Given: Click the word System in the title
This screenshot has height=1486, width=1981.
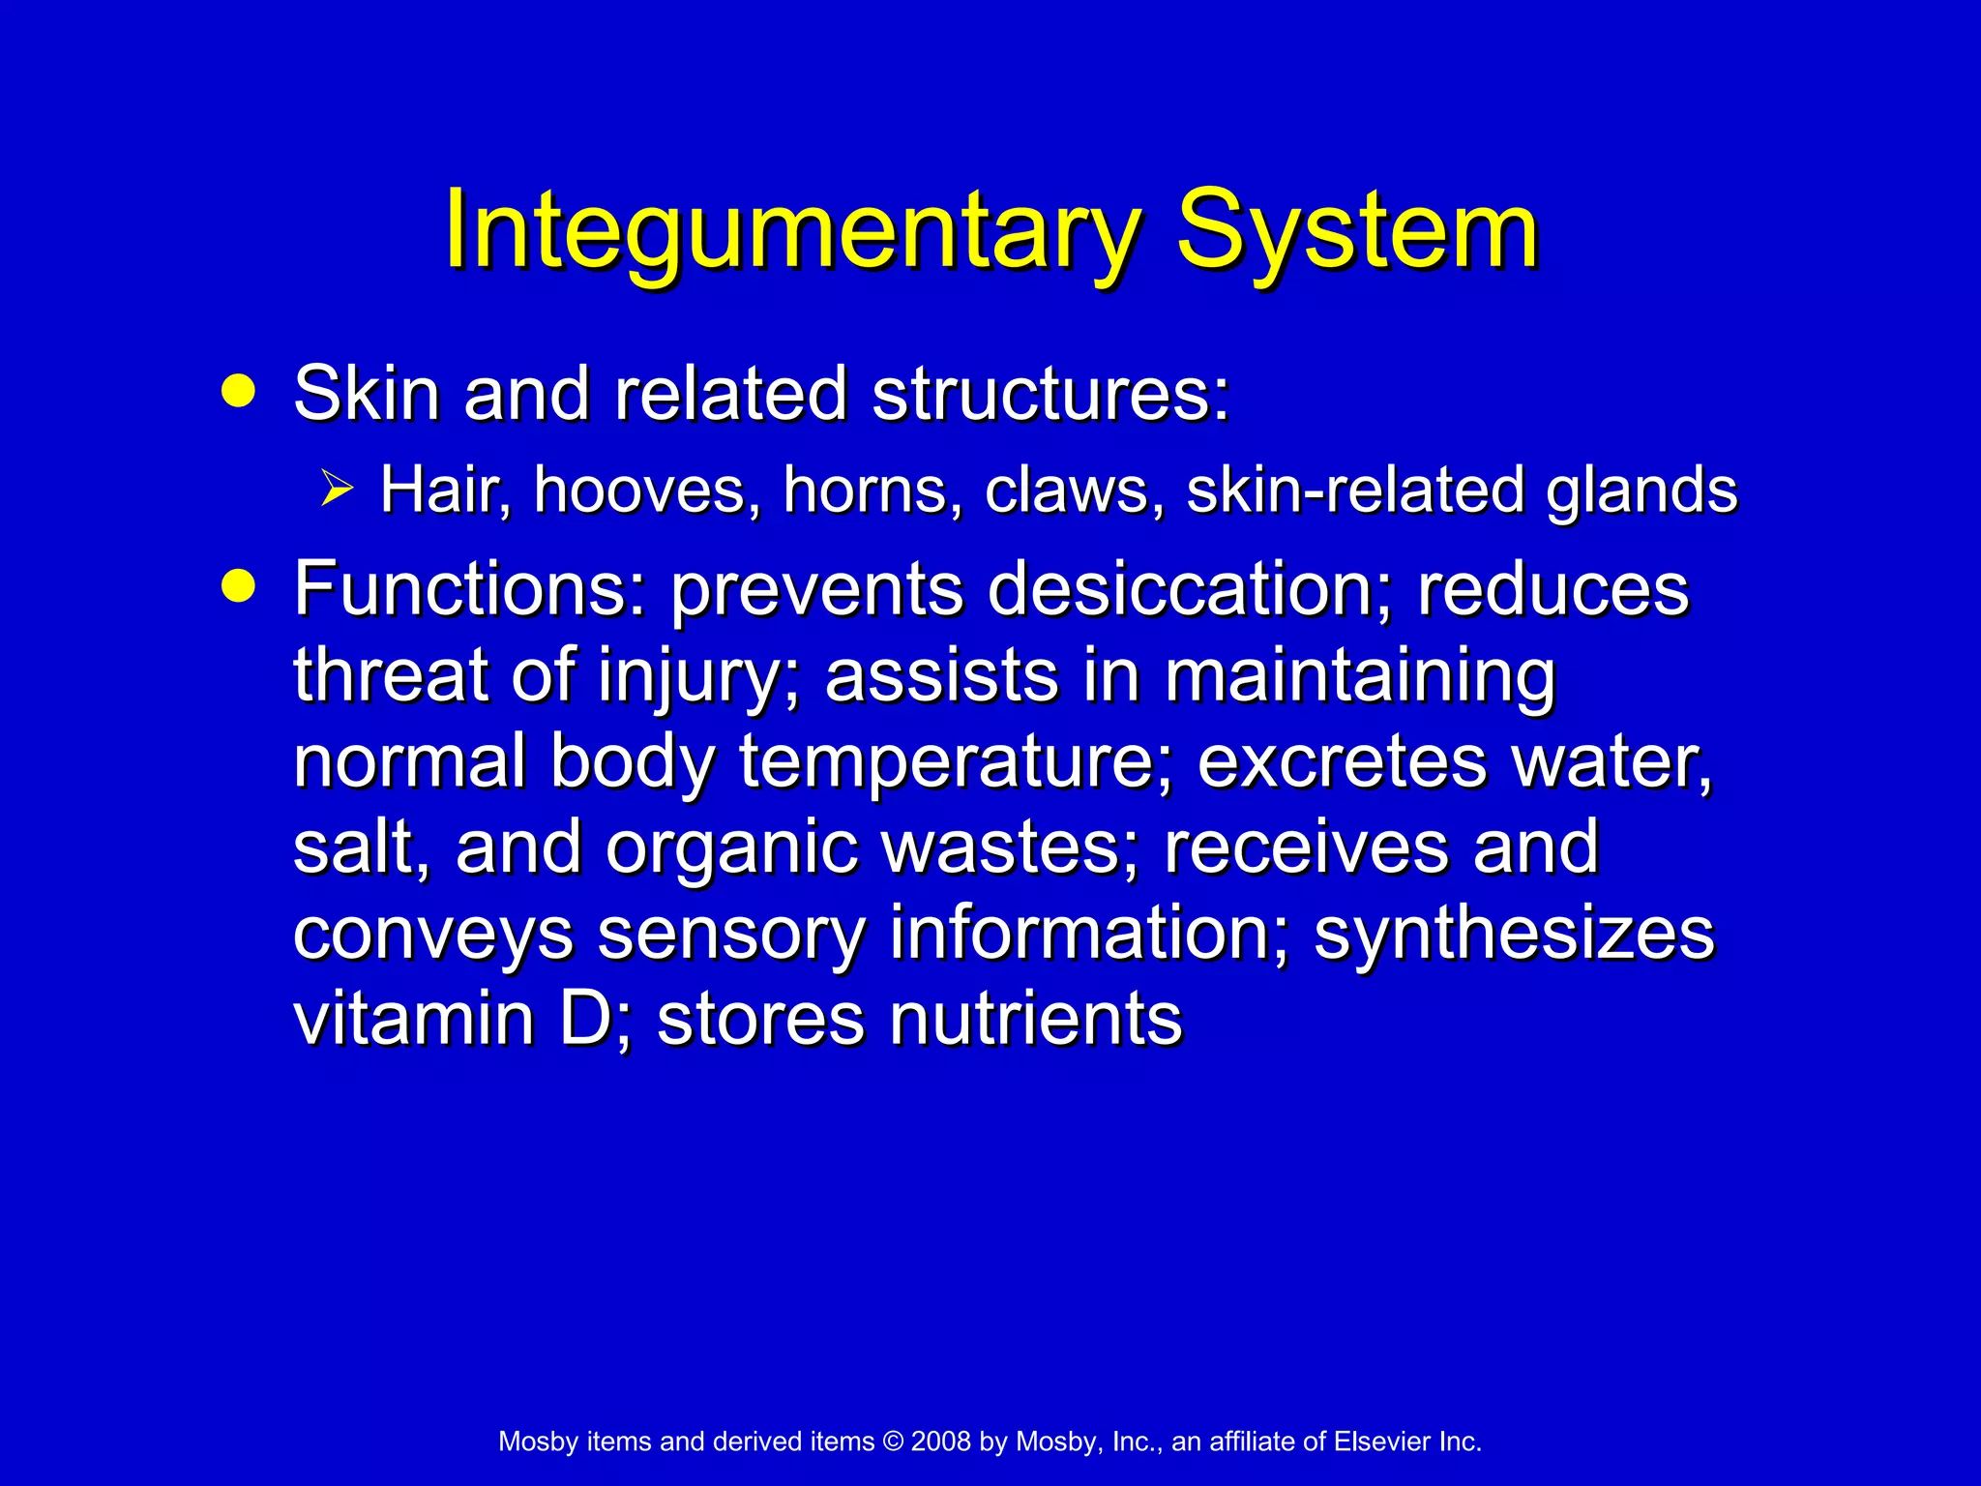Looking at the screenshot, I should [1356, 232].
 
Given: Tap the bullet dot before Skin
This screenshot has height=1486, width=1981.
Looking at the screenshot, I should [238, 392].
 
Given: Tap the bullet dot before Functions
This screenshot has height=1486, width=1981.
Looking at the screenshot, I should [238, 586].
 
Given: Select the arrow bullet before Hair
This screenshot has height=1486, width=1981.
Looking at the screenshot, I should [337, 488].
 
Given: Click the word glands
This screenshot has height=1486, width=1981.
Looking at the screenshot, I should [1641, 491].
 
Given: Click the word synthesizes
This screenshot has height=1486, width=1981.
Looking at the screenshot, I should [1514, 934].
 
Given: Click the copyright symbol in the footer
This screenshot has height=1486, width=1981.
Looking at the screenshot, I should [893, 1441].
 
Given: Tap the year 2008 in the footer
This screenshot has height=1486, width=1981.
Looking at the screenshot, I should [940, 1441].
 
